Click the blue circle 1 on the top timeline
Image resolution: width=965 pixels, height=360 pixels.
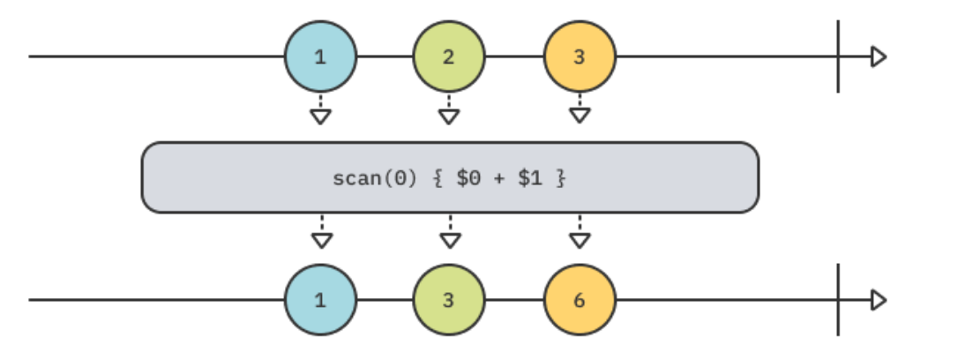(320, 57)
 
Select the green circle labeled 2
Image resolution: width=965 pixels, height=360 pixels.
(449, 57)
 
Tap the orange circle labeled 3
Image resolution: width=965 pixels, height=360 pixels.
(579, 57)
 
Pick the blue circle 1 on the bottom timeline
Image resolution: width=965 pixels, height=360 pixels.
(320, 300)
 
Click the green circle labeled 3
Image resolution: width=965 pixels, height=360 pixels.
(449, 300)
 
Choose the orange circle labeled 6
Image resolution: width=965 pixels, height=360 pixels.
(579, 300)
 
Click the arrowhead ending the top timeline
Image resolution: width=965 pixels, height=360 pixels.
(878, 57)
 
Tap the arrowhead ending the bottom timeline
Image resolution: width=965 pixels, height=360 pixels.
(878, 300)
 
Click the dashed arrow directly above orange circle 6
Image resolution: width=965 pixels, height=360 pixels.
(580, 234)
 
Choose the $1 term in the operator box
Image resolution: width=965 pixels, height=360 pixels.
(529, 177)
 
